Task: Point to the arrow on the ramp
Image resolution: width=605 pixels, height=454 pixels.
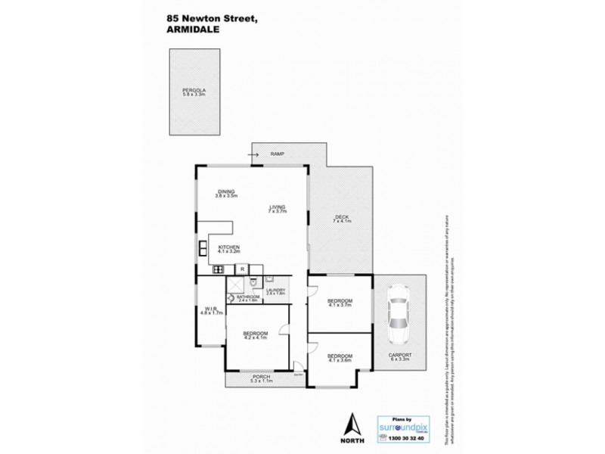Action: click(x=251, y=155)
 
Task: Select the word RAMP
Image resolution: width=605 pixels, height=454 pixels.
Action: click(x=275, y=154)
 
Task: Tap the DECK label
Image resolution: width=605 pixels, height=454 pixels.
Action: click(x=342, y=219)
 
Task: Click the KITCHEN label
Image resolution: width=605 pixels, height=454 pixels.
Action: click(x=229, y=247)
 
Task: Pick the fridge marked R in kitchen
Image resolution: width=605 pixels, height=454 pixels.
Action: click(x=241, y=269)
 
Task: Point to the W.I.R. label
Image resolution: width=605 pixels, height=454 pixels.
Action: click(x=210, y=309)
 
